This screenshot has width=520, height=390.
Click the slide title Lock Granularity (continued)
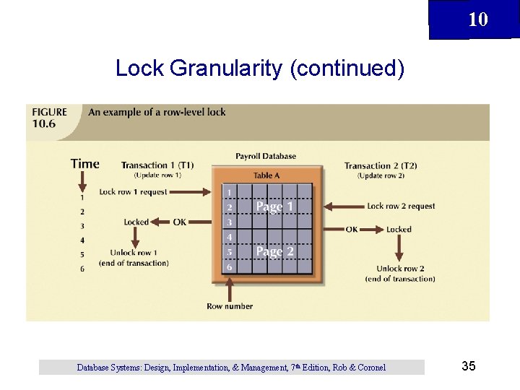259,69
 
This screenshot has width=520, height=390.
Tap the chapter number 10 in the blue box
477,19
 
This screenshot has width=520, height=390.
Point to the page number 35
468,366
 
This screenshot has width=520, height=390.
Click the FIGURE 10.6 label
49,117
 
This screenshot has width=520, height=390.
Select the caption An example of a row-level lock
157,112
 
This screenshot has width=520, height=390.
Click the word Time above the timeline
84,164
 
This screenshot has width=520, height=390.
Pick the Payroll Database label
265,156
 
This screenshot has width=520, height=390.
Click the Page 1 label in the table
274,207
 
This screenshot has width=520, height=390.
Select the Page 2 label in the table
274,251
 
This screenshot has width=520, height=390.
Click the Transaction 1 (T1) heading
157,165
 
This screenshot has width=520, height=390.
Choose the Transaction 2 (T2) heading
380,165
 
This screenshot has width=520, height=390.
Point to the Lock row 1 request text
133,192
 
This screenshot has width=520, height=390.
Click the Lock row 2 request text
401,206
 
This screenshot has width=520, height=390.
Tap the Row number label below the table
230,306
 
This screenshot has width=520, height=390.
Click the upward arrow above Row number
230,290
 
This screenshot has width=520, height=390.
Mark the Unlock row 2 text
399,269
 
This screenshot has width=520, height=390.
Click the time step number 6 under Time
82,269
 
